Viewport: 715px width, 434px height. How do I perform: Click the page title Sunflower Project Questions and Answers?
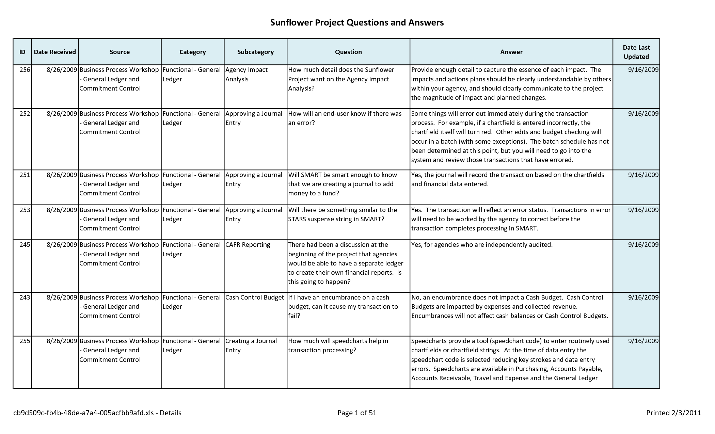point(357,22)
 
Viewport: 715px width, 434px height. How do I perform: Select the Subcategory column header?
point(255,52)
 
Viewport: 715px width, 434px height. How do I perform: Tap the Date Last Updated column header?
point(636,52)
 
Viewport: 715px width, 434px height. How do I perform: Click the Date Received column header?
point(55,52)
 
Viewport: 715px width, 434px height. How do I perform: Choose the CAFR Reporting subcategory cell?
point(248,245)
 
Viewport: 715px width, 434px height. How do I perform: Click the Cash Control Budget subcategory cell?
point(254,298)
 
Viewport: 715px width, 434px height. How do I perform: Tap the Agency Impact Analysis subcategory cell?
point(246,75)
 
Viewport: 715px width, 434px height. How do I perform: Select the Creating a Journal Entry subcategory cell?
point(251,345)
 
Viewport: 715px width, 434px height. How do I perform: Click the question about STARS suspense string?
point(342,214)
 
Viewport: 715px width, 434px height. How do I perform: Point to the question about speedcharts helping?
point(338,345)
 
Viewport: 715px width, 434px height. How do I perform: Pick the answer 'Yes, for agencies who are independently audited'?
point(482,245)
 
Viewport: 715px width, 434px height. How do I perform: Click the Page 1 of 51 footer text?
point(357,413)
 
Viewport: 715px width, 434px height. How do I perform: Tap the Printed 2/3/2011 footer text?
point(673,413)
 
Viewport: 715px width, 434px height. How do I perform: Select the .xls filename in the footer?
point(97,413)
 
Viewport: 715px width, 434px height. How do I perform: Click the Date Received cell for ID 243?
point(62,298)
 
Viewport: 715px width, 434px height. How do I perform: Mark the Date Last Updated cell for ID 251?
point(643,175)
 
